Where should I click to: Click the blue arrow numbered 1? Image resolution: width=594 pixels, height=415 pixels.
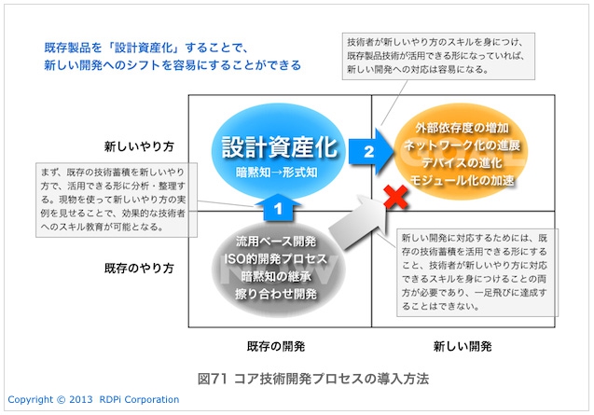pos(278,207)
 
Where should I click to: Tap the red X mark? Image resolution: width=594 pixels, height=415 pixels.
pos(395,197)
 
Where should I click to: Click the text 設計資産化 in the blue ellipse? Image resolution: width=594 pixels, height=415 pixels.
pos(279,147)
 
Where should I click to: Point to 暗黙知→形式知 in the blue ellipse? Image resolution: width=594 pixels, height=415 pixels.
pos(277,173)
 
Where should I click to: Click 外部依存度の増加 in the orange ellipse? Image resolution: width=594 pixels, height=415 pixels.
pos(462,128)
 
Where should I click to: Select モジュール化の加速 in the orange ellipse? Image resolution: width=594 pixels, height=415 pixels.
pos(462,180)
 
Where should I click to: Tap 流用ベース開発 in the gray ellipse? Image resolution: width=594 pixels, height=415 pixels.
pos(276,241)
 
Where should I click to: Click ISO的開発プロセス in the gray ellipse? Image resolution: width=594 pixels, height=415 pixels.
pos(275,259)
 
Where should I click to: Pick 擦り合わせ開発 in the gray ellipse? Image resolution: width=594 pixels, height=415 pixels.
pos(276,294)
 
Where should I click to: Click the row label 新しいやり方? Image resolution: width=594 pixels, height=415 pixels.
pos(139,146)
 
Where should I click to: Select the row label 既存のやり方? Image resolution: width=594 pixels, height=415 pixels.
pos(139,269)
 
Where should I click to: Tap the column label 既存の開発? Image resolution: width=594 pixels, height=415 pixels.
pos(276,346)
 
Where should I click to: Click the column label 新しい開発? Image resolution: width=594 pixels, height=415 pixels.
pos(463,346)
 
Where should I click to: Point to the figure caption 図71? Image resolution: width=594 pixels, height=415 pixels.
pos(213,379)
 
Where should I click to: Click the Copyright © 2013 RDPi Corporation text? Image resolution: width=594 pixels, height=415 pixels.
pos(93,399)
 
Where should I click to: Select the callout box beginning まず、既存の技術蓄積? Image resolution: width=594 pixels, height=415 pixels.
pos(117,200)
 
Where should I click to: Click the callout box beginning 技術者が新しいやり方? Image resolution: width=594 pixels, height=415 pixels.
pos(438,56)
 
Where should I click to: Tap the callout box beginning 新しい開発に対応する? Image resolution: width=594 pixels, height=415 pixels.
pos(477,272)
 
